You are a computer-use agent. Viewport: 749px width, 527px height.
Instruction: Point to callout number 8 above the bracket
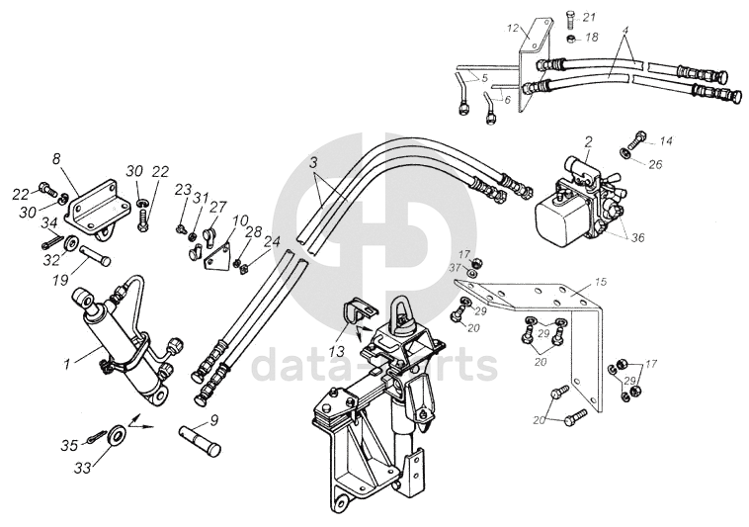[56, 158]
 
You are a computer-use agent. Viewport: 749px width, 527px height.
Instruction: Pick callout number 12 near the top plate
[513, 27]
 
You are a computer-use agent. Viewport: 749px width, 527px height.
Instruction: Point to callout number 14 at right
[666, 140]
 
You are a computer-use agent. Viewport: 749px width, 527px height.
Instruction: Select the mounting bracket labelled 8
[95, 206]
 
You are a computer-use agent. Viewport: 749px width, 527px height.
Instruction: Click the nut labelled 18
[572, 39]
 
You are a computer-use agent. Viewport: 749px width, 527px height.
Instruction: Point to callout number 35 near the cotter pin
[68, 446]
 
